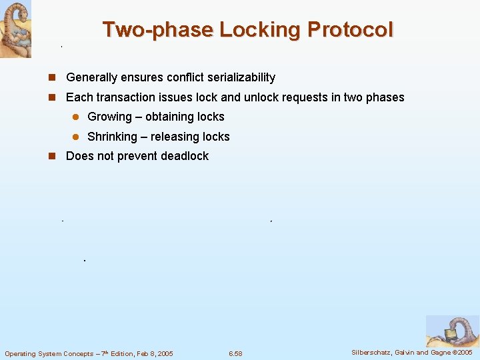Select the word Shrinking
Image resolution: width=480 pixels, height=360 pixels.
(112, 137)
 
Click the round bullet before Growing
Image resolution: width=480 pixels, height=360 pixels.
(75, 117)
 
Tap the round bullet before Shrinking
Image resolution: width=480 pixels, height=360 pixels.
(75, 137)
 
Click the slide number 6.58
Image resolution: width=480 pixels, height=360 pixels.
(235, 353)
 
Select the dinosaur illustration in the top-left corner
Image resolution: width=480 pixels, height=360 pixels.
(15, 29)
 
